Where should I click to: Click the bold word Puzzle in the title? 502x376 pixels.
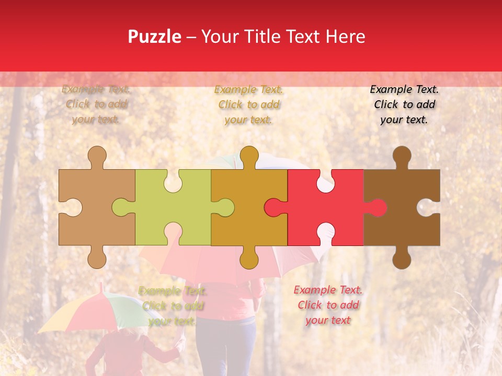pyautogui.click(x=155, y=37)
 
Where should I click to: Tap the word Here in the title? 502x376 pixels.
pyautogui.click(x=344, y=37)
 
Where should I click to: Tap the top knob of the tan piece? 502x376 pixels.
pyautogui.click(x=97, y=155)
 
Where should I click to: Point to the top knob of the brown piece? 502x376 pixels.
pyautogui.click(x=402, y=155)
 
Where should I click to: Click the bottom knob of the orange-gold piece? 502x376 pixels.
pyautogui.click(x=249, y=259)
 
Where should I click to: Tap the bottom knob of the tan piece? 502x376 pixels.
pyautogui.click(x=97, y=259)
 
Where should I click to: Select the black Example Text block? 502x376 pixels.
pyautogui.click(x=404, y=104)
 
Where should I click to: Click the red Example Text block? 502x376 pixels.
pyautogui.click(x=328, y=305)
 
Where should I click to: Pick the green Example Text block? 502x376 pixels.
pyautogui.click(x=173, y=306)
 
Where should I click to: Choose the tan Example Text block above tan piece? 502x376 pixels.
pyautogui.click(x=96, y=104)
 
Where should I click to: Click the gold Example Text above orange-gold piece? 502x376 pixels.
pyautogui.click(x=249, y=104)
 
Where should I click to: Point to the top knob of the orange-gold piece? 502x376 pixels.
pyautogui.click(x=249, y=155)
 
